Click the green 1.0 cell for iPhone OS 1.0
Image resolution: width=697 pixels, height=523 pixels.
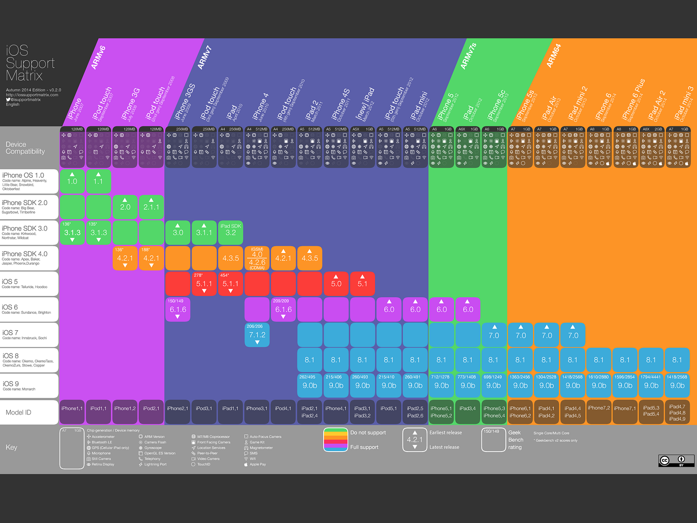tap(72, 181)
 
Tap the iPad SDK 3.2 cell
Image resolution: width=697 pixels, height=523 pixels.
tap(230, 232)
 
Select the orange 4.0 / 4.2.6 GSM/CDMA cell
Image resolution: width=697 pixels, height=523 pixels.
tap(257, 258)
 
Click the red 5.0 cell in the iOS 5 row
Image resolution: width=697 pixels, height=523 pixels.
tap(336, 284)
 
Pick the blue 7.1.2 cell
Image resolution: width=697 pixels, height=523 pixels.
tap(257, 335)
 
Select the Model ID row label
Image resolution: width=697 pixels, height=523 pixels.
tap(18, 412)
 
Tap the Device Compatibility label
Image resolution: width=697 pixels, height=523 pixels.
tap(25, 148)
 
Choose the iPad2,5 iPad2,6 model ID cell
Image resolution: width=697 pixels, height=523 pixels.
tap(415, 412)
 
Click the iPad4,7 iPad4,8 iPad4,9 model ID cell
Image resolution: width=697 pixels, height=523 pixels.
tap(677, 412)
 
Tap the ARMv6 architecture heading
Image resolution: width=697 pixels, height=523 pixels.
tap(98, 57)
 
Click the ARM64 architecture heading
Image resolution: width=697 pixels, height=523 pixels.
tap(554, 56)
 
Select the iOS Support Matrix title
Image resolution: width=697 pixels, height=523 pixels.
tap(30, 63)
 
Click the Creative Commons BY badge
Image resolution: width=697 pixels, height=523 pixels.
tap(676, 461)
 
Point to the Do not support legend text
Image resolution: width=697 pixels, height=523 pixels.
tap(368, 433)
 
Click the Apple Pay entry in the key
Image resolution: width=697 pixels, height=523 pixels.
tap(257, 464)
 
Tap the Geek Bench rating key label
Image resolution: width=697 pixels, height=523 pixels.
tap(515, 440)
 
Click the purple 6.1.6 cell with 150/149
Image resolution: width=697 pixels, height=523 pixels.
tap(178, 309)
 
